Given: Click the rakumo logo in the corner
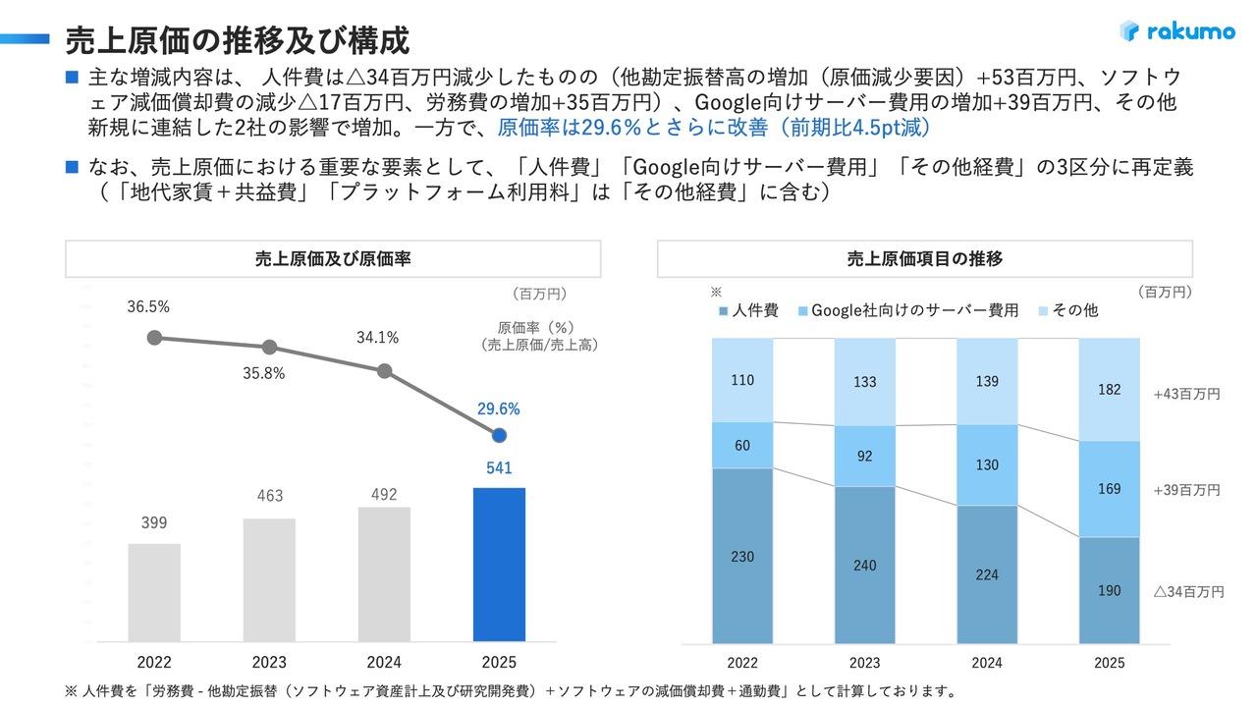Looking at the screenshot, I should (1176, 31).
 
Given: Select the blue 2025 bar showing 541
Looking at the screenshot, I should (499, 565).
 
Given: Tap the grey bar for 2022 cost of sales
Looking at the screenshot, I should (154, 592).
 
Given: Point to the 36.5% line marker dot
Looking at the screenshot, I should (154, 338).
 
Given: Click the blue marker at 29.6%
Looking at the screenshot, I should (499, 435).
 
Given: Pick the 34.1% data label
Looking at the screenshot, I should (377, 338).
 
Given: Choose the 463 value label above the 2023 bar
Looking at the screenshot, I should (269, 497).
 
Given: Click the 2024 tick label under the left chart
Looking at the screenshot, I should (384, 663).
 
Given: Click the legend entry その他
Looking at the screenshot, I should (1067, 310).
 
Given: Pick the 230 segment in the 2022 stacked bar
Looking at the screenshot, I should (742, 556).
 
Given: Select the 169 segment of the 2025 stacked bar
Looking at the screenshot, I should (1109, 489).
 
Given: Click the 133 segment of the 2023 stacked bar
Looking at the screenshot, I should (864, 382).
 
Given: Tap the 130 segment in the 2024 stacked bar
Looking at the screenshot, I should (987, 465).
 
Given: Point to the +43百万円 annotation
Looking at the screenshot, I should (1186, 394).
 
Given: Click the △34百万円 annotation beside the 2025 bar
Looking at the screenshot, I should (1188, 592).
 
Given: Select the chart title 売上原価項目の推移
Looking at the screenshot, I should (924, 259).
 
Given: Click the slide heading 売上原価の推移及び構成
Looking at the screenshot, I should (237, 40).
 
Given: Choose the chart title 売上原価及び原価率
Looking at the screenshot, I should (332, 259).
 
